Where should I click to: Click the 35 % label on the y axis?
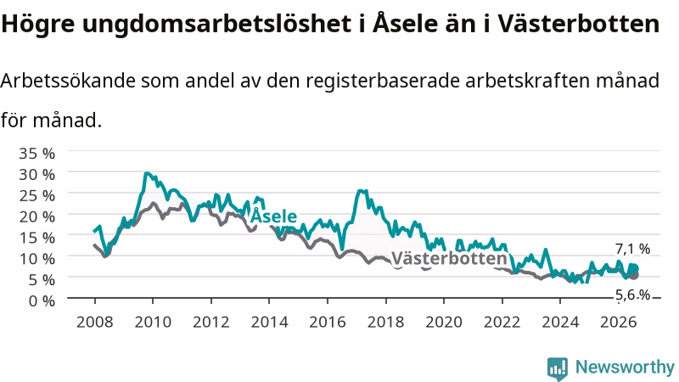pos(36,154)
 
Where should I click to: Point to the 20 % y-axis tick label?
pos(36,216)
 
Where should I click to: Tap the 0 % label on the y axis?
pos(42,301)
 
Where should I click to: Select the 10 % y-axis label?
pos(36,259)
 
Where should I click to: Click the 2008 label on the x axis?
pos(94,322)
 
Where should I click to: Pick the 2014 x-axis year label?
pos(269,322)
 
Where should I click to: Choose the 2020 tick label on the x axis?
pos(444,322)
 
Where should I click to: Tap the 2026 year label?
pos(619,322)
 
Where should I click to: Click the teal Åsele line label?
pos(273,216)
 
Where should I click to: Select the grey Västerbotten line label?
pos(449,259)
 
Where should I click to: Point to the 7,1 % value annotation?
pos(632,249)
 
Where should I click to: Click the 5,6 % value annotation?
pos(632,295)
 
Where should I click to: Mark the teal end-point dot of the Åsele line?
pos(633,269)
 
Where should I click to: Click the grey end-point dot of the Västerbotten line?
pos(633,275)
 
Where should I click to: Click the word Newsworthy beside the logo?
pos(625,367)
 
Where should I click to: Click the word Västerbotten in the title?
pos(578,24)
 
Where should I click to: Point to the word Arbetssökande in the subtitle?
pos(68,81)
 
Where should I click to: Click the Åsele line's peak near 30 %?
pos(146,174)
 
